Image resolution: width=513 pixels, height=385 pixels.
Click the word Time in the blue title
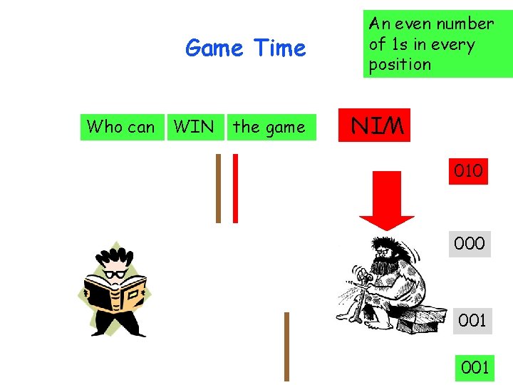click(x=279, y=48)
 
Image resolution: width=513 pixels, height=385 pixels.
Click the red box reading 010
click(x=468, y=171)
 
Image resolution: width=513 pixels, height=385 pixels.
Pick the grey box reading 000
click(x=470, y=243)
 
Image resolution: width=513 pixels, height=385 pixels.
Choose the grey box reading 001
click(x=472, y=320)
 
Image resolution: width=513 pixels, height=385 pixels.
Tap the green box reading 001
click(x=475, y=367)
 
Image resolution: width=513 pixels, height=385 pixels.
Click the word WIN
click(x=194, y=127)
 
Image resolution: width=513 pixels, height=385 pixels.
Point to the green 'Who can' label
click(x=120, y=127)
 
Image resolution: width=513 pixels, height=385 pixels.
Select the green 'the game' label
click(x=269, y=127)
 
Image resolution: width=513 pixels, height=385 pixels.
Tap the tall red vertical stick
click(x=235, y=188)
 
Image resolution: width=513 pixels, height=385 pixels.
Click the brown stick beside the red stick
click(x=219, y=188)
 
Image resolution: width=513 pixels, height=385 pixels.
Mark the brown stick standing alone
click(x=286, y=346)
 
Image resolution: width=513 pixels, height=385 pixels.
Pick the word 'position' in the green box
click(x=400, y=64)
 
